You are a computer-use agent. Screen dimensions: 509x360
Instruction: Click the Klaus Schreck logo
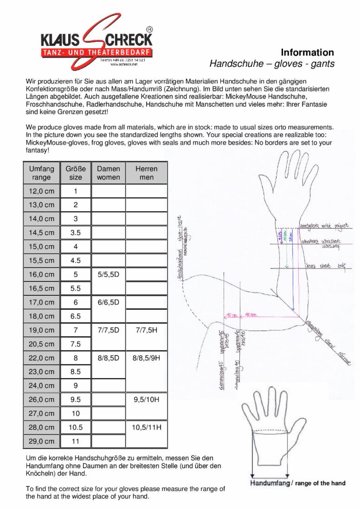[96, 44]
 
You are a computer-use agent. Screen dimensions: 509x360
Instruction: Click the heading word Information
[307, 52]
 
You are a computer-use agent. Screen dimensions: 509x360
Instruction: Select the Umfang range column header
[41, 173]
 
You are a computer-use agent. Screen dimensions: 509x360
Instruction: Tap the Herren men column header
[146, 173]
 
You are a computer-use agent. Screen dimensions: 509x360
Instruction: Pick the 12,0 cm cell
[41, 191]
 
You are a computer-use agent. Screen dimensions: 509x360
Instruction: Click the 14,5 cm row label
[41, 233]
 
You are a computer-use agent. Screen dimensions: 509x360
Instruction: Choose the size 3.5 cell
[75, 233]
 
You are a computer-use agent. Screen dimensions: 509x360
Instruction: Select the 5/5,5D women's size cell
[109, 274]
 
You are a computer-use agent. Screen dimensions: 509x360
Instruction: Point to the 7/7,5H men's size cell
[146, 330]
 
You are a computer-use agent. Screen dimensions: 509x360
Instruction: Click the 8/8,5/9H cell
[146, 358]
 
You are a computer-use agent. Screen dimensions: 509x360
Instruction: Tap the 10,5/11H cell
[146, 427]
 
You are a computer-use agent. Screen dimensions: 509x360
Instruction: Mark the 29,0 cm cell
[41, 441]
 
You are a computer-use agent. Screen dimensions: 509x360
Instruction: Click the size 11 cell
[75, 441]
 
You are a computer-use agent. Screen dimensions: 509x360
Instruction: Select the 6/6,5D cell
[109, 302]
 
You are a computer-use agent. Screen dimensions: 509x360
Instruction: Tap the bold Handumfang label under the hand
[270, 483]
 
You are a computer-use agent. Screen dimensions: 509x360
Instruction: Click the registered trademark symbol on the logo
[149, 29]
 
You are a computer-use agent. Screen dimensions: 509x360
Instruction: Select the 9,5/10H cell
[146, 400]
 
